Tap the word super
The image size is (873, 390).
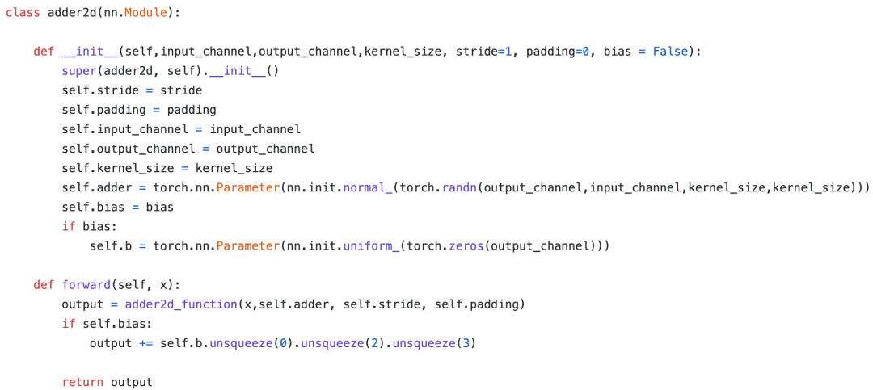(78, 70)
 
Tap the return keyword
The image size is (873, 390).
(82, 382)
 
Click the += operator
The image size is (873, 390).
(145, 343)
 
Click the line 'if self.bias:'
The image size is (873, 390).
(106, 324)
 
